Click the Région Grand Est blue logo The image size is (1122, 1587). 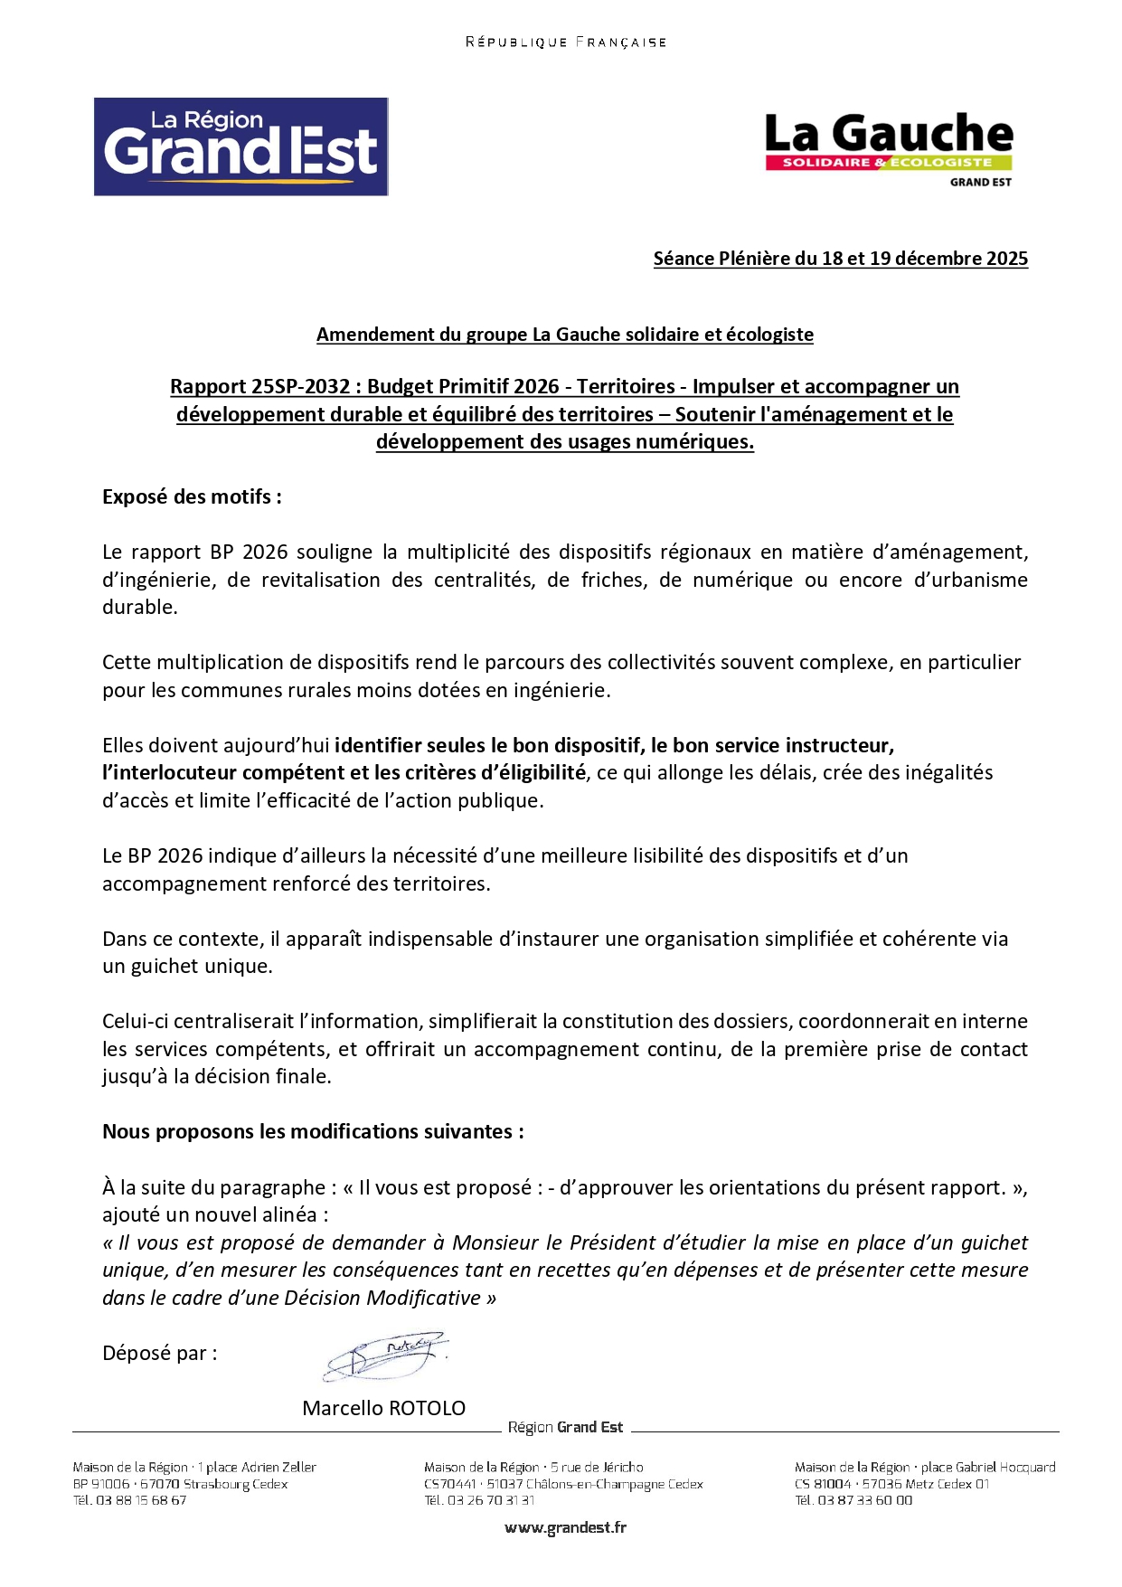[x=240, y=146]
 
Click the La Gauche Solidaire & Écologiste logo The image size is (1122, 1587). [x=889, y=148]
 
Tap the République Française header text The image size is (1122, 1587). [x=565, y=43]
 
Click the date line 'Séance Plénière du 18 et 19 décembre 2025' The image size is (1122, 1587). [x=840, y=259]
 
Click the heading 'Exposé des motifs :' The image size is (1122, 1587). [x=192, y=496]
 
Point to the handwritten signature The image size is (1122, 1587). [x=386, y=1355]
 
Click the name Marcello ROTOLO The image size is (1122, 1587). [x=383, y=1408]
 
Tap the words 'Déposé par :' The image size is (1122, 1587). [x=159, y=1353]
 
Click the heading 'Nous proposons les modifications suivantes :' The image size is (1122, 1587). [x=313, y=1132]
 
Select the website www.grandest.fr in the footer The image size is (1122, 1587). [x=565, y=1527]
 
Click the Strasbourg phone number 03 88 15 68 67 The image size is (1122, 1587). [x=141, y=1500]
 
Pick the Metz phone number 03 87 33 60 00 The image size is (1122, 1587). [x=864, y=1500]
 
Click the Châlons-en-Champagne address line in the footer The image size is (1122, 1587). [x=562, y=1484]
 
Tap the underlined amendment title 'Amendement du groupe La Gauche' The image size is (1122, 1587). [x=564, y=335]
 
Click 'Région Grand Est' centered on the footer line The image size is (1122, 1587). [x=565, y=1427]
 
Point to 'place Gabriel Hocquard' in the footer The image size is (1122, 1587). [x=988, y=1467]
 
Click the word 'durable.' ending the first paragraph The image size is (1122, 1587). [x=140, y=607]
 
